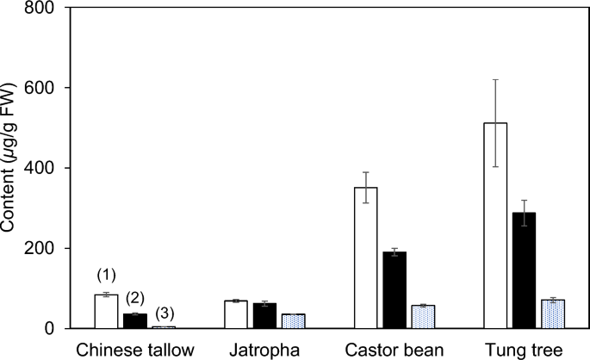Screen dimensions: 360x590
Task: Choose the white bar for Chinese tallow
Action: [x=106, y=312]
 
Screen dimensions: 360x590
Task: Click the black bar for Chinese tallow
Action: [x=136, y=321]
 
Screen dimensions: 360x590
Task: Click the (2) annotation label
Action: [x=136, y=298]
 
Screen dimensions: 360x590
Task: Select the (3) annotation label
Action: [x=165, y=312]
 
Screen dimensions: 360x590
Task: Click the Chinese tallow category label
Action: [x=135, y=350]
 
